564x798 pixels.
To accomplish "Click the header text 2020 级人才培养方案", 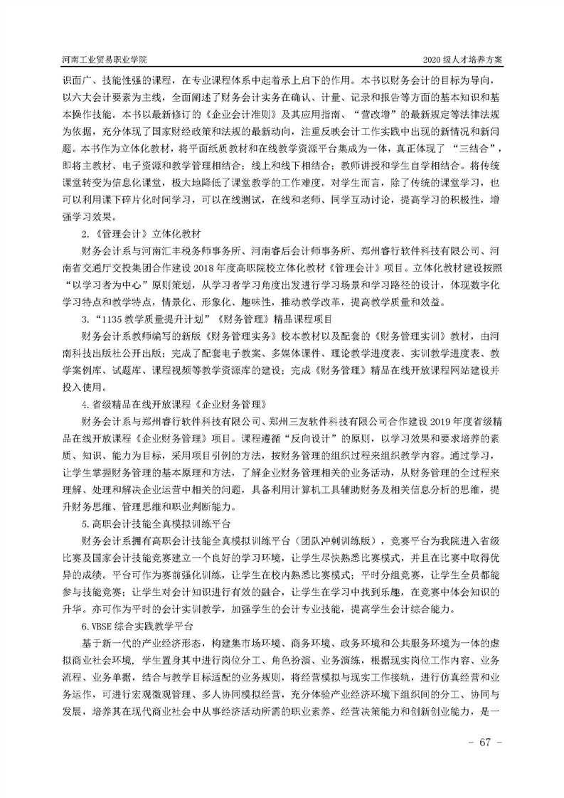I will point(463,60).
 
